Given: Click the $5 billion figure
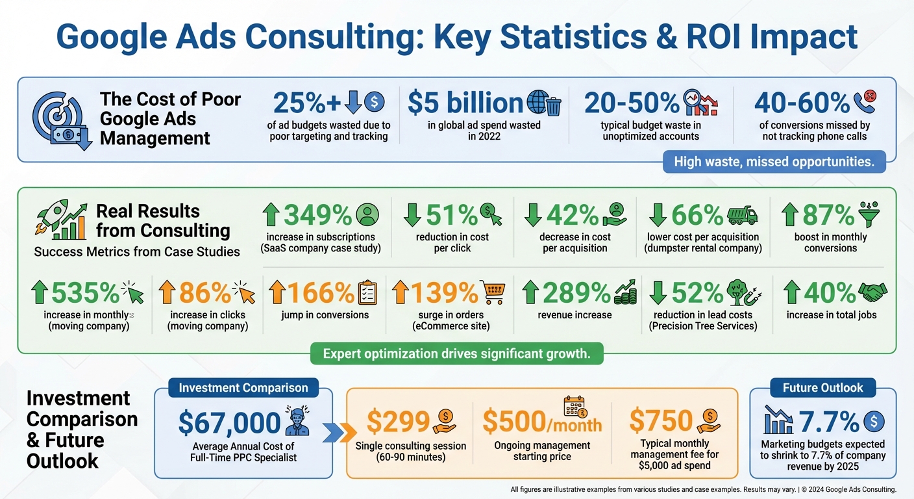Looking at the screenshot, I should tap(465, 103).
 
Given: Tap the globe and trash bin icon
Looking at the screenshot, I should tap(544, 103).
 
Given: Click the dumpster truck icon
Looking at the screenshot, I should tap(742, 214).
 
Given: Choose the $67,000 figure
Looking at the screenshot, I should tap(229, 423).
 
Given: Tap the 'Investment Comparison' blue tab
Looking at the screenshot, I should tap(243, 388).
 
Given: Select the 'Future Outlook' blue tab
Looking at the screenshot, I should tap(823, 388).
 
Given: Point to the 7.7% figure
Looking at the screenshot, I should tap(828, 422).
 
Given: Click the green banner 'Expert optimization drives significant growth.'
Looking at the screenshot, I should tap(456, 354).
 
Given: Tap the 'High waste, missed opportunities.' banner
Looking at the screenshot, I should tap(774, 161).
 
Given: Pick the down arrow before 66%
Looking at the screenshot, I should tap(658, 214).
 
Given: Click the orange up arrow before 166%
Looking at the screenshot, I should tap(277, 293).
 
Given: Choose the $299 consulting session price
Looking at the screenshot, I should tap(398, 422).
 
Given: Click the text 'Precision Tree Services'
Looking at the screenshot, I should tap(703, 326).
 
